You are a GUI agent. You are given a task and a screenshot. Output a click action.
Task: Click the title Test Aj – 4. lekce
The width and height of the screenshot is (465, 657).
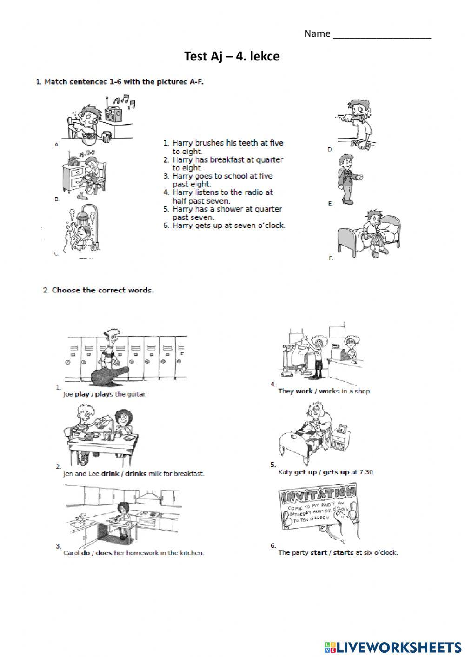coord(232,57)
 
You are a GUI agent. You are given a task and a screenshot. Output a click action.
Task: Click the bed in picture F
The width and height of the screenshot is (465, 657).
coord(367,235)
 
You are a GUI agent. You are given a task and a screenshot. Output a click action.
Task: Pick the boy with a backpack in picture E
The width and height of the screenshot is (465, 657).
coord(348,179)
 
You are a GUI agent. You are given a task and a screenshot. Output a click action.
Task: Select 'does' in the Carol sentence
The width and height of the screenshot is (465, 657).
coord(104,553)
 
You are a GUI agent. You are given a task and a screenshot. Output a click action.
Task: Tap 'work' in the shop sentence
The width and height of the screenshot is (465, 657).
coord(304,391)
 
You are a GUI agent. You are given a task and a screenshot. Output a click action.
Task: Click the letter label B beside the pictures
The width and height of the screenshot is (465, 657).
coord(57,199)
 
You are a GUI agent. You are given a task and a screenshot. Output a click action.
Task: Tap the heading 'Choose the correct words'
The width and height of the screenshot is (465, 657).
coord(103,290)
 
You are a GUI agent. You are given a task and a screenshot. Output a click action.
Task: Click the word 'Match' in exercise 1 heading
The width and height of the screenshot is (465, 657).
coord(55,82)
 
